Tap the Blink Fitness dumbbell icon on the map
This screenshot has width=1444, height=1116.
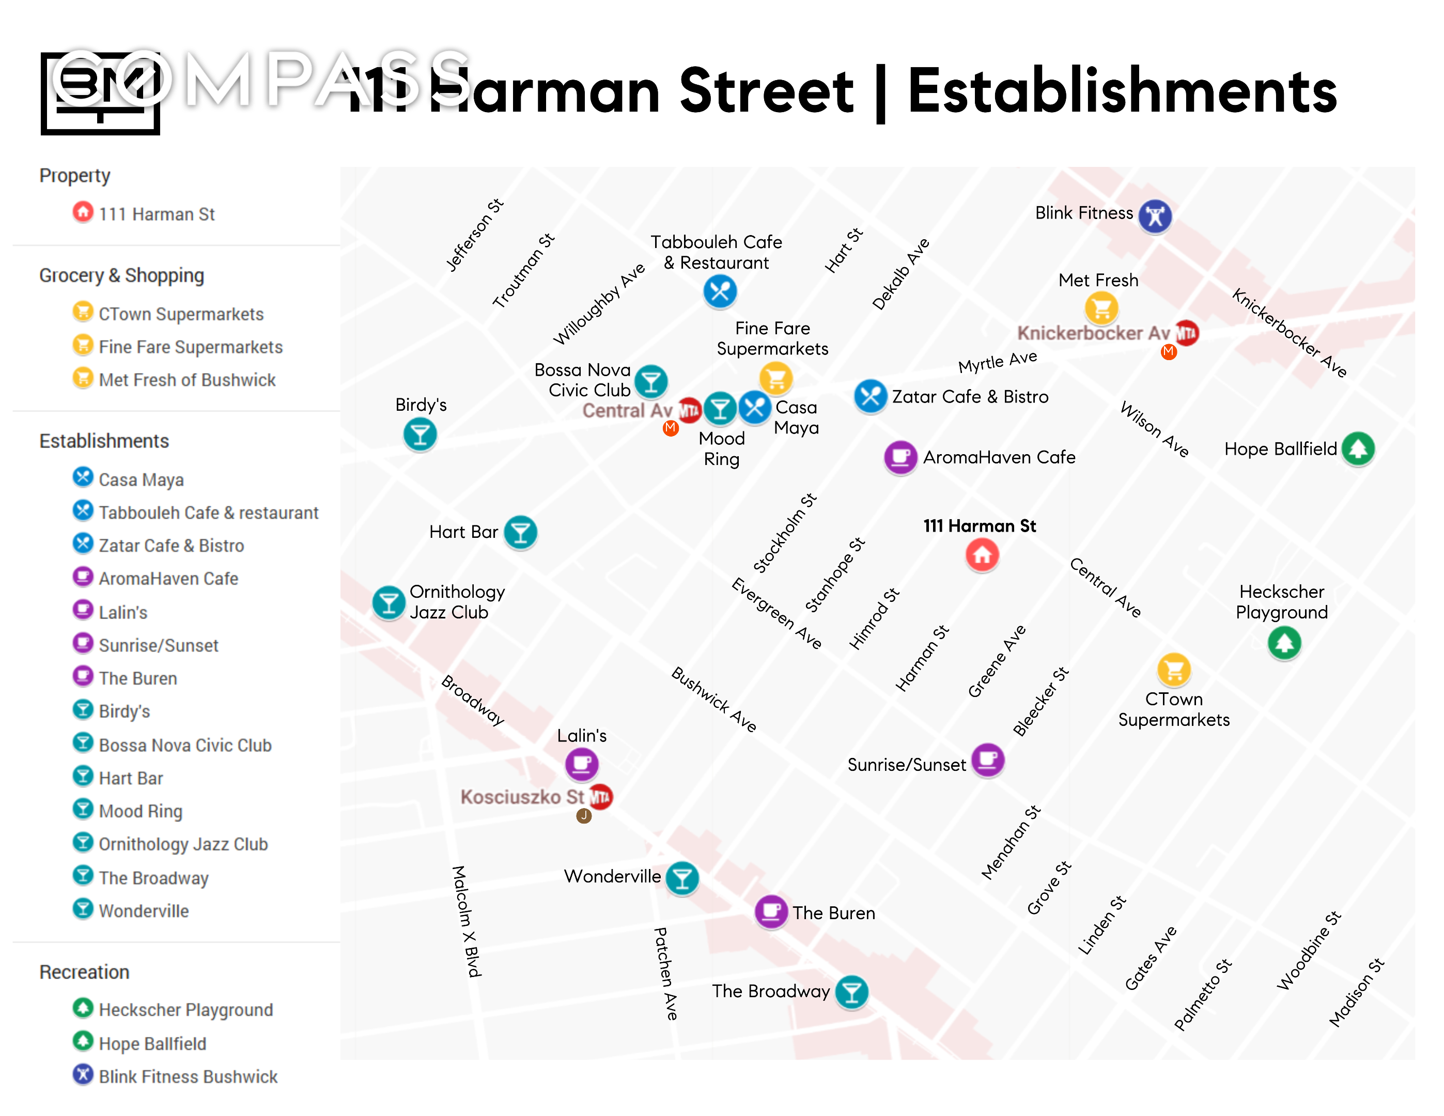point(1154,215)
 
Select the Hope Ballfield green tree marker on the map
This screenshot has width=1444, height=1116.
point(1358,448)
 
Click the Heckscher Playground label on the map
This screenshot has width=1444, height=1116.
point(1281,601)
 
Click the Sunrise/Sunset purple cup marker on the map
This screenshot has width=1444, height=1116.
point(988,760)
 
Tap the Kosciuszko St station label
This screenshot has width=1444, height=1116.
point(522,797)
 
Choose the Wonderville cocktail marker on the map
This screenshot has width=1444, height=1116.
point(681,878)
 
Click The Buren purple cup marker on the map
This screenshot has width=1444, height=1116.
point(771,912)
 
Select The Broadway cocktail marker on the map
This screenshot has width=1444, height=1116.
point(851,991)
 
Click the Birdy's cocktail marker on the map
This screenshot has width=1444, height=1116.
point(420,435)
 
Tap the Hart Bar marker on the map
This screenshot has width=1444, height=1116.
point(520,532)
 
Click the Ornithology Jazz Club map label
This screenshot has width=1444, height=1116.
point(456,601)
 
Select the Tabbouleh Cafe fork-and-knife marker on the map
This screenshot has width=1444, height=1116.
point(719,291)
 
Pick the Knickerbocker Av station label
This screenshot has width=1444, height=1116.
point(1093,333)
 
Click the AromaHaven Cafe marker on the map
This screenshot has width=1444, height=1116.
point(900,457)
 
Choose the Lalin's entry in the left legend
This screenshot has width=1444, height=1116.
point(123,612)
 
